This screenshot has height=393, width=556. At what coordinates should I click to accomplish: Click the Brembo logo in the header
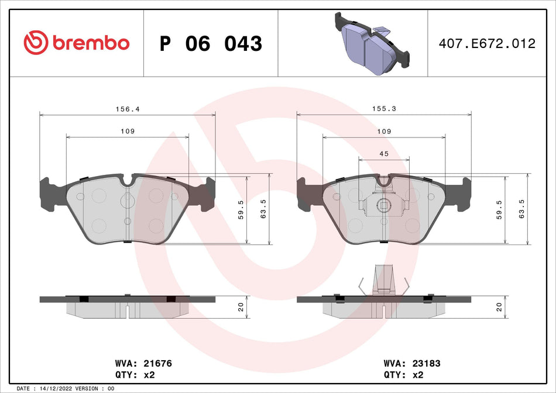pyautogui.click(x=76, y=43)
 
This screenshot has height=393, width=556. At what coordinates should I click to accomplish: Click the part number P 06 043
pyautogui.click(x=211, y=44)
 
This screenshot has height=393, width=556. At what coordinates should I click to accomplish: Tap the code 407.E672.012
pyautogui.click(x=487, y=44)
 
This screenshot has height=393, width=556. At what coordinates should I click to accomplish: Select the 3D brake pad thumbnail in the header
pyautogui.click(x=370, y=43)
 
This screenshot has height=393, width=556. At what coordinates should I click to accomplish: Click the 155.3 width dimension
pyautogui.click(x=384, y=109)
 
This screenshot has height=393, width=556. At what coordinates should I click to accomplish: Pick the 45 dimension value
pyautogui.click(x=384, y=154)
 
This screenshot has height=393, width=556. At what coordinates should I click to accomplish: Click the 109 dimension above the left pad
pyautogui.click(x=128, y=132)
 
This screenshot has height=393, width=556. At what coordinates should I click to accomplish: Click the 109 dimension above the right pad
pyautogui.click(x=384, y=132)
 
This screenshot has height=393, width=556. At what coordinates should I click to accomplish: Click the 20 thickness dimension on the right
pyautogui.click(x=499, y=307)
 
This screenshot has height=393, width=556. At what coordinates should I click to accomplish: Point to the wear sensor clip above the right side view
pyautogui.click(x=383, y=280)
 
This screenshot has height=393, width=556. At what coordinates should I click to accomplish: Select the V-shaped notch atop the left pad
pyautogui.click(x=128, y=180)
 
